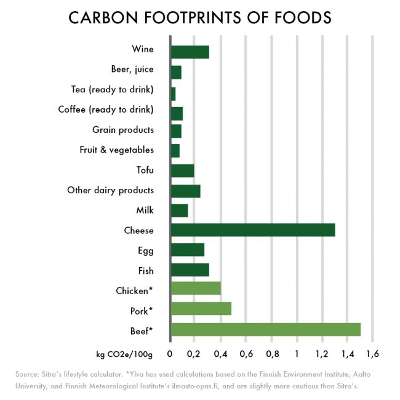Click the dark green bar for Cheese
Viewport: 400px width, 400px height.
click(253, 230)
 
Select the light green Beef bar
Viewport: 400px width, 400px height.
click(265, 329)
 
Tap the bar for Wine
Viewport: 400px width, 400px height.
click(190, 52)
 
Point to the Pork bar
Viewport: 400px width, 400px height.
click(201, 309)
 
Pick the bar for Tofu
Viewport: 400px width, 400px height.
click(182, 170)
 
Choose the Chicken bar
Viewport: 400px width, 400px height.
click(196, 289)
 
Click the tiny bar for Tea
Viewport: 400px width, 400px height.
click(173, 94)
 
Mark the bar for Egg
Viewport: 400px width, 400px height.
click(187, 250)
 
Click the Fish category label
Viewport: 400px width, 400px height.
click(145, 270)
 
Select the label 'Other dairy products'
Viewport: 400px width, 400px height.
click(110, 190)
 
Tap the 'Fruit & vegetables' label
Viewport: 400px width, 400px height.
click(116, 150)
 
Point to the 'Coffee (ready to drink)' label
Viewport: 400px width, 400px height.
click(106, 110)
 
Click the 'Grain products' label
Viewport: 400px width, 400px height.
click(123, 130)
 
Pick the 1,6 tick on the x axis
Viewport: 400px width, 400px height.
click(372, 354)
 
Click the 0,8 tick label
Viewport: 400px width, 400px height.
click(271, 354)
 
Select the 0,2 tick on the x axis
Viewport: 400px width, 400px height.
click(194, 354)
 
